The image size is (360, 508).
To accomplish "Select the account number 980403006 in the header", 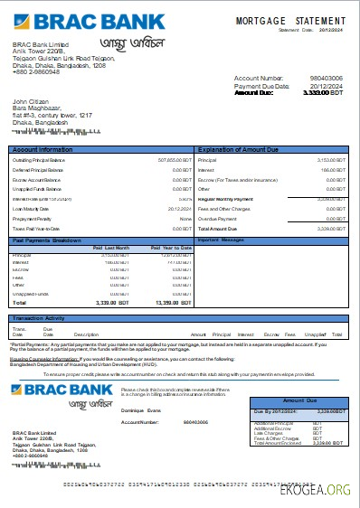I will (x=327, y=79).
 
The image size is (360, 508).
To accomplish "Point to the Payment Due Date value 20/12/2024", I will (x=327, y=86).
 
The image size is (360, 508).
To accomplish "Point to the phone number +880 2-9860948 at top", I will (x=35, y=71).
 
